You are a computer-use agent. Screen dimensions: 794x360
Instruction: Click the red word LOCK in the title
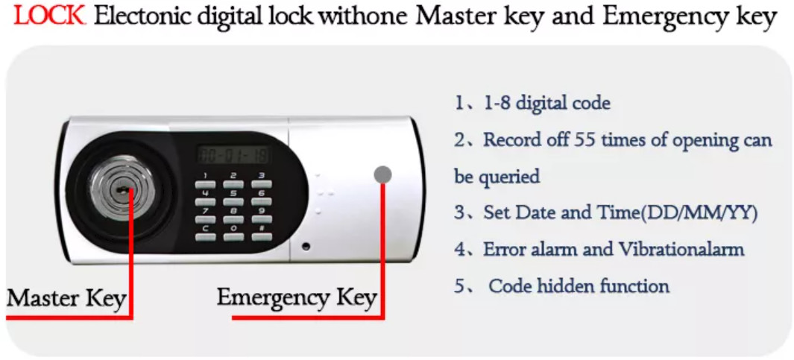point(49,16)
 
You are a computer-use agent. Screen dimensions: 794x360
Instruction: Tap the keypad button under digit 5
point(233,201)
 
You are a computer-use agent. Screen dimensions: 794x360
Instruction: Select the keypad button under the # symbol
point(261,236)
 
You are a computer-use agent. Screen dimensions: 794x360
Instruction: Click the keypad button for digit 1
point(205,184)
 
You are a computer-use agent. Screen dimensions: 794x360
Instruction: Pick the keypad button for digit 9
point(261,219)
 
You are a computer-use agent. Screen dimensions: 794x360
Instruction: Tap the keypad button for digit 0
point(233,236)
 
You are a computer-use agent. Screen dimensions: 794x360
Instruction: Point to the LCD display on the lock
point(233,154)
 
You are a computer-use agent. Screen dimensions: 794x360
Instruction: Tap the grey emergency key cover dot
point(382,175)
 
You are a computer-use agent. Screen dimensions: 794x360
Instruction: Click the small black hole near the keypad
point(306,247)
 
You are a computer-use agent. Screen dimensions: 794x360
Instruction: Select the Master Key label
point(66,299)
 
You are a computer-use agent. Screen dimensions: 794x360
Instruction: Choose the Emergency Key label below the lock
point(297,298)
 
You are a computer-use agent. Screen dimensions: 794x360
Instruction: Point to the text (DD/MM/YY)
point(699,212)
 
